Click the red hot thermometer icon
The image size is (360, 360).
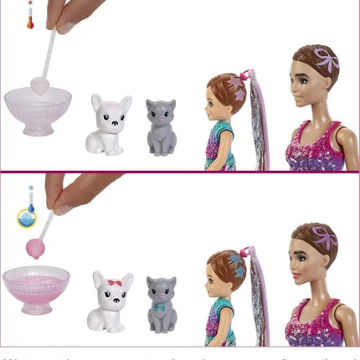[30, 15]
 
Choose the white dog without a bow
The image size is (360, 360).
[110, 125]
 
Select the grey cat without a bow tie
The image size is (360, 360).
[162, 127]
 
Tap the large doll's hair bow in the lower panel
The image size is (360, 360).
[324, 239]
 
